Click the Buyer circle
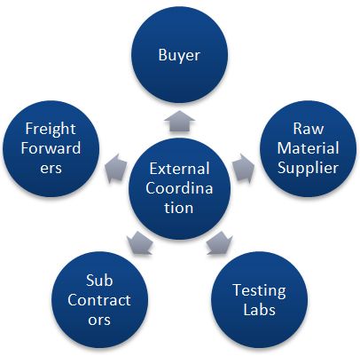(179, 56)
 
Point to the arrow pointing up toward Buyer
(179, 120)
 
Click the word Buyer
(179, 56)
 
